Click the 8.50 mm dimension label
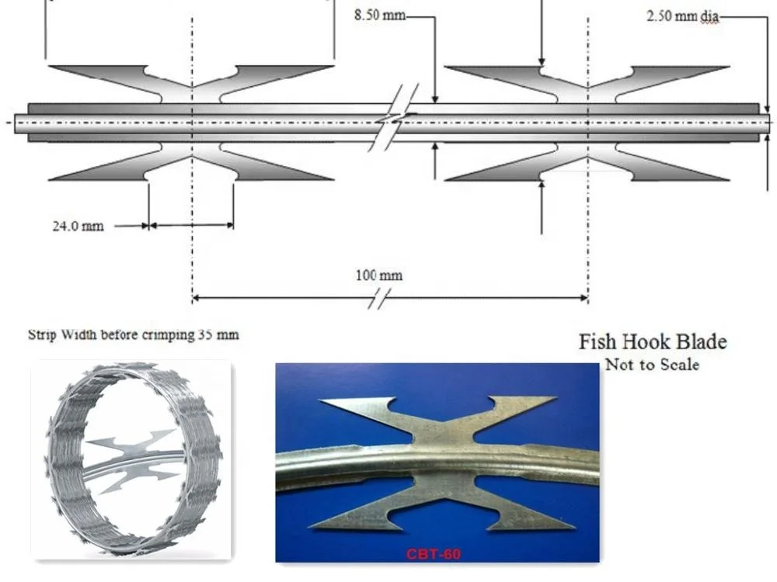click(379, 16)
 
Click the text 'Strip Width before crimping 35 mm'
click(134, 335)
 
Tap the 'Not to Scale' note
click(652, 364)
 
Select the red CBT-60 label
click(433, 554)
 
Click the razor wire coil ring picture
click(131, 458)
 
